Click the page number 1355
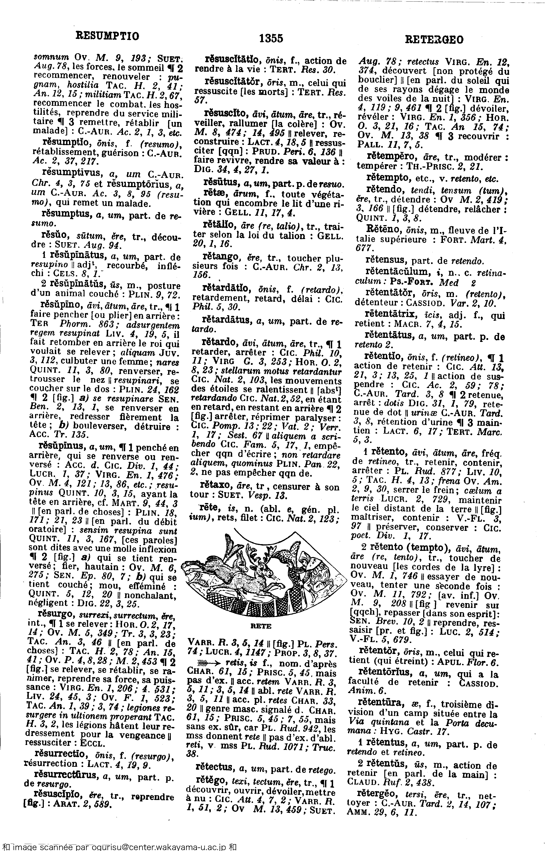click(271, 38)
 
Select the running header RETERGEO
click(434, 40)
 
